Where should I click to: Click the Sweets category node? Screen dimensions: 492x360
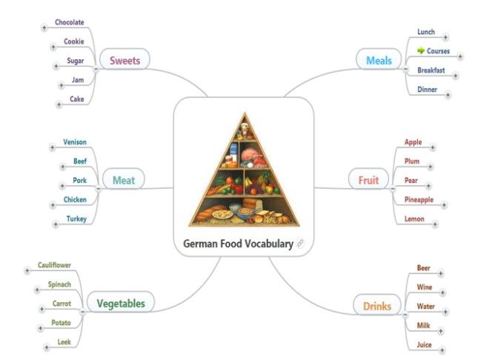(x=125, y=59)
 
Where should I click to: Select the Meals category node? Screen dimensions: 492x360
(x=379, y=59)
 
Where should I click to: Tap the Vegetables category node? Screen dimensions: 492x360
(x=121, y=302)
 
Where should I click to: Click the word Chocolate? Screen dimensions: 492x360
(x=70, y=22)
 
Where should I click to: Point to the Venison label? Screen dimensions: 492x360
(x=75, y=142)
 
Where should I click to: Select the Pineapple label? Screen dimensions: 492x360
(x=419, y=200)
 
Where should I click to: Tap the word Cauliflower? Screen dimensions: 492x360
(x=54, y=265)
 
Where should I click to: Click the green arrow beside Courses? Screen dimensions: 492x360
(x=421, y=50)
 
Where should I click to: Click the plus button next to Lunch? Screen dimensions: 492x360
(x=445, y=38)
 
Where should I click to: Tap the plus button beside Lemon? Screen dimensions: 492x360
(x=435, y=224)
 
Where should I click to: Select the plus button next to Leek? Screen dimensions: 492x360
(x=47, y=347)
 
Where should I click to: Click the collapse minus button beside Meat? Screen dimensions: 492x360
(x=99, y=188)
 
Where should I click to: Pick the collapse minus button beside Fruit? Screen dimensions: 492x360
(x=393, y=188)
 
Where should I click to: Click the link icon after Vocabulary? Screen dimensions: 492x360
(x=300, y=244)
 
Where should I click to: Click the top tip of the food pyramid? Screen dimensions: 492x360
(x=245, y=113)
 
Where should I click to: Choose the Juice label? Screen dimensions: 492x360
(x=425, y=344)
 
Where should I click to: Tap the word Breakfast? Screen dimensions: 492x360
(x=430, y=70)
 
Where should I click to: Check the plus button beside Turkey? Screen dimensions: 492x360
(x=56, y=224)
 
